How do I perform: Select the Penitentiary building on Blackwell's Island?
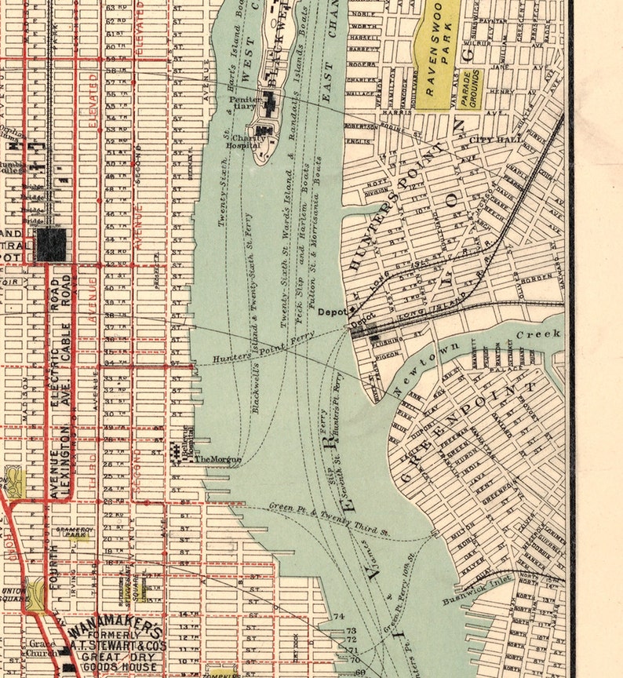pyautogui.click(x=270, y=101)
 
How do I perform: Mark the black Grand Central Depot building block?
pyautogui.click(x=51, y=245)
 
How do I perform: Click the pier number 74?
pyautogui.click(x=340, y=616)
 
